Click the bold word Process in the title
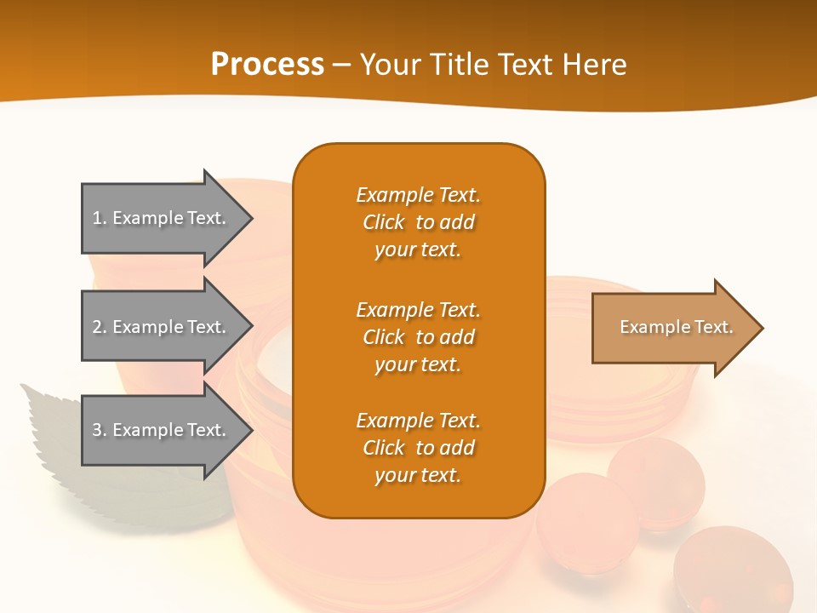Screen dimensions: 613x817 point(267,65)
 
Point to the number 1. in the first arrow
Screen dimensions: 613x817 point(100,218)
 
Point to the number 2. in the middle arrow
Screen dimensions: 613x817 point(100,327)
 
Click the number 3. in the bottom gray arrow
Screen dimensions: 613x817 point(100,430)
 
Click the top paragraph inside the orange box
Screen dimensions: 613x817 point(418,222)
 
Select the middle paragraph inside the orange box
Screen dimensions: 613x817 point(418,337)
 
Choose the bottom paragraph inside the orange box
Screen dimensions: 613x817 point(418,448)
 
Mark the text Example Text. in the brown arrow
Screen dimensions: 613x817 point(676,327)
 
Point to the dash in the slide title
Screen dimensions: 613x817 point(342,65)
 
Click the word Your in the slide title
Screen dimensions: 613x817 point(389,65)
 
